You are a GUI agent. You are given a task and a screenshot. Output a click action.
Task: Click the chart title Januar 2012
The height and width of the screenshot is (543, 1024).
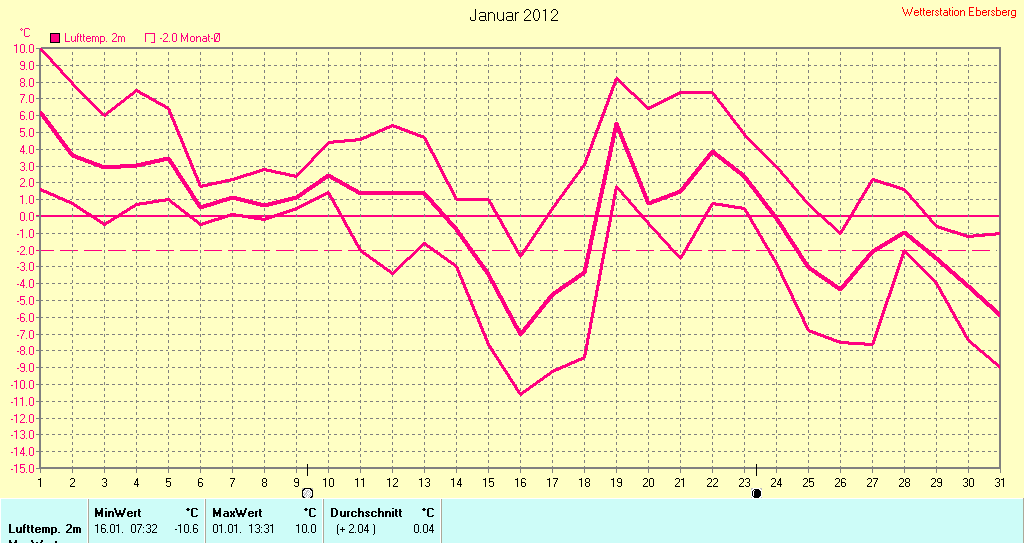click(514, 15)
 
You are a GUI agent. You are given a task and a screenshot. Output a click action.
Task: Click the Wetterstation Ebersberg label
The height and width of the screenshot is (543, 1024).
click(958, 12)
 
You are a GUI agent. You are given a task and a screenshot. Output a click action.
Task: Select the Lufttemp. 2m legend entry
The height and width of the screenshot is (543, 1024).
click(88, 38)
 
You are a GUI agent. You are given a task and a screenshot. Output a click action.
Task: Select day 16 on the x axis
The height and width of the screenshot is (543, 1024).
click(520, 482)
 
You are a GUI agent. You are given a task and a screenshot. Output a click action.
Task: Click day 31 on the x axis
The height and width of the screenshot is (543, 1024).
click(999, 482)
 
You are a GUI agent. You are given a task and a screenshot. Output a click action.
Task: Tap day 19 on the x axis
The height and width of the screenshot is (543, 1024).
click(616, 482)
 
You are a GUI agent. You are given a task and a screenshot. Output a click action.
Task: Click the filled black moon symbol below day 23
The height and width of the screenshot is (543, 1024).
click(757, 493)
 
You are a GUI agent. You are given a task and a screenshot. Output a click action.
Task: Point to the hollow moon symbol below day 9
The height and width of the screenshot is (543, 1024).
click(307, 493)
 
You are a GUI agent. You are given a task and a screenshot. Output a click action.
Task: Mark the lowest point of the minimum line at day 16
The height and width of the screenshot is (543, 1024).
click(520, 394)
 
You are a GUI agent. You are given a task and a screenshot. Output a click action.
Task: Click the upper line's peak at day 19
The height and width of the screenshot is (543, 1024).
click(616, 78)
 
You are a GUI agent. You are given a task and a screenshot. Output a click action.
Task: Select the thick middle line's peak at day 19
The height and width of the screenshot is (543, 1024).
click(616, 124)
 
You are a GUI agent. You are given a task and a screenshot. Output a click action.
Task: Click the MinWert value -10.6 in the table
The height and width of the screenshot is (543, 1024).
click(186, 528)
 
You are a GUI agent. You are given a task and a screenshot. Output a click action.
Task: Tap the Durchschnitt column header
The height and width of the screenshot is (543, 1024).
click(366, 512)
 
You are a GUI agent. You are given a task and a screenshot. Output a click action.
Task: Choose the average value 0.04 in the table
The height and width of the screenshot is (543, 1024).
click(424, 528)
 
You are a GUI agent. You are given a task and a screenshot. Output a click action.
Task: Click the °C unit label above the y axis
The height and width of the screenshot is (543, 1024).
click(25, 33)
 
